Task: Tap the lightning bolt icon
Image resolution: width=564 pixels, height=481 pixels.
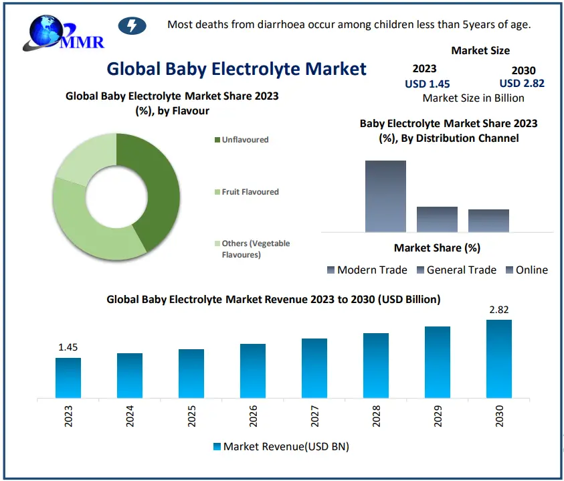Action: [131, 26]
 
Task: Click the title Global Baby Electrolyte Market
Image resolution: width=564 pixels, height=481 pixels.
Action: [236, 68]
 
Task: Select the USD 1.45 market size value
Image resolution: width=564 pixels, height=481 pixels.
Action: [427, 84]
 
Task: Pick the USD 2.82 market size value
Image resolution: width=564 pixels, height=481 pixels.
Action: [522, 84]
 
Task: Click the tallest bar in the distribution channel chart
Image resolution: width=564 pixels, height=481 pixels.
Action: [385, 196]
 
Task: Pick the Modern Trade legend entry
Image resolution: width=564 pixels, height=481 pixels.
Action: [367, 270]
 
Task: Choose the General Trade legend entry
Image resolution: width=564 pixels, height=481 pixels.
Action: [456, 270]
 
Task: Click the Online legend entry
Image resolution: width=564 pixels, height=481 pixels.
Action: [527, 270]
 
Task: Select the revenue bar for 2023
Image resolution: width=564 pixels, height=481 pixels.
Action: [68, 377]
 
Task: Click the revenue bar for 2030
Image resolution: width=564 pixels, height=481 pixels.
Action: [499, 359]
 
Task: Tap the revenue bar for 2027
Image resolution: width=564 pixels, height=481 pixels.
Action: [314, 368]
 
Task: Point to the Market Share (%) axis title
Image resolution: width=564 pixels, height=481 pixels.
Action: [437, 248]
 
